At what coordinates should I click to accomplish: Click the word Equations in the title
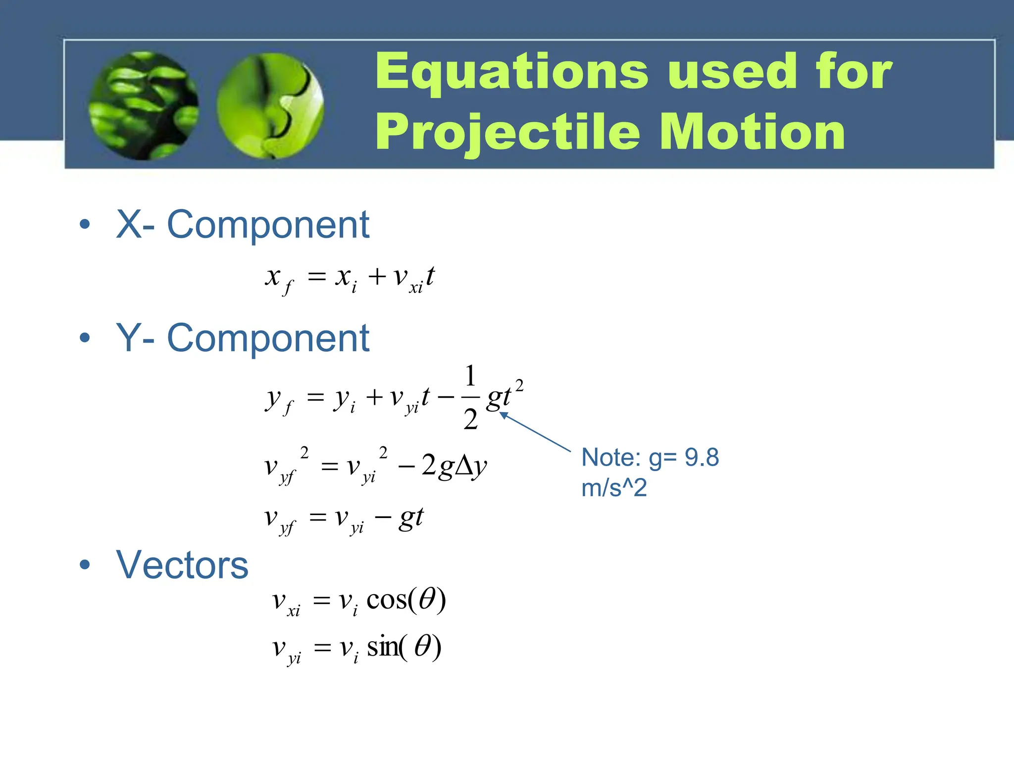point(511,72)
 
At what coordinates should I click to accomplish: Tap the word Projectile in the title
point(507,133)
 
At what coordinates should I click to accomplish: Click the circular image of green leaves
point(144,105)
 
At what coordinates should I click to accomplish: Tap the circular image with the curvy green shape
point(270,106)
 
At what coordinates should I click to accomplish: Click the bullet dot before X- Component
point(85,224)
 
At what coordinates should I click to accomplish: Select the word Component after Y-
point(268,338)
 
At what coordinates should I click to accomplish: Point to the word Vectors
point(182,565)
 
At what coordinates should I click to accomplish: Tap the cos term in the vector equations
point(386,600)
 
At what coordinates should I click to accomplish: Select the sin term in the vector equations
point(382,647)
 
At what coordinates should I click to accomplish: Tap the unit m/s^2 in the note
point(614,488)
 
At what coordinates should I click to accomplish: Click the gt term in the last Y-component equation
point(411,518)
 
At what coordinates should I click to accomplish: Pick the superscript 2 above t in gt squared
point(519,385)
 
